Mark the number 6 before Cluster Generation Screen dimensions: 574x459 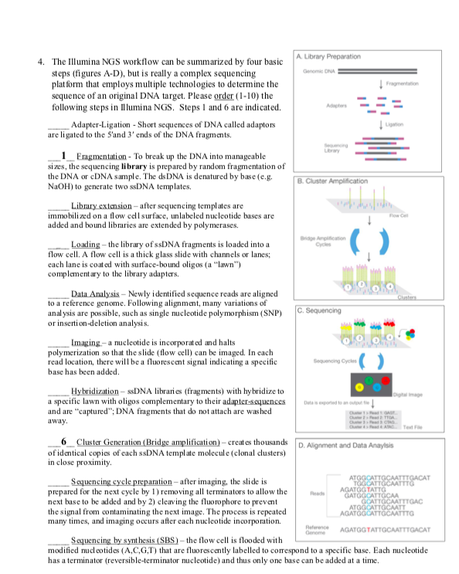click(x=63, y=440)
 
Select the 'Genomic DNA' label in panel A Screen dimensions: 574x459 click(x=318, y=70)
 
